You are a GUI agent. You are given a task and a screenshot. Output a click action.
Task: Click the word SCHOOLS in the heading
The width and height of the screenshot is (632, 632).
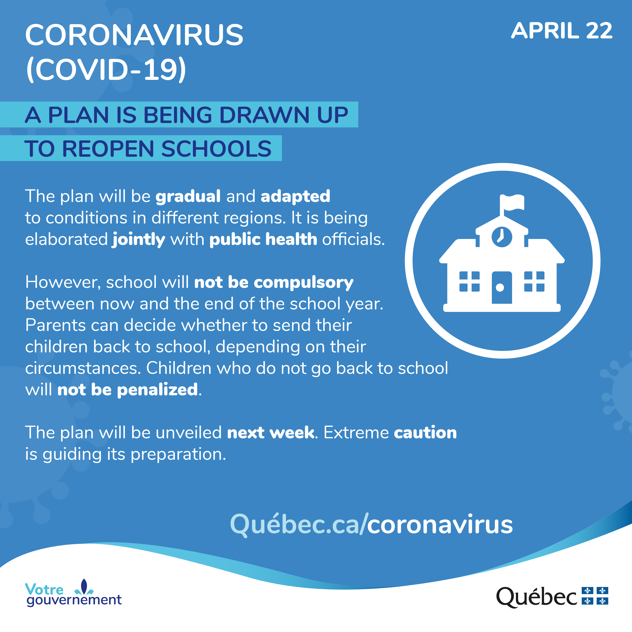pos(216,149)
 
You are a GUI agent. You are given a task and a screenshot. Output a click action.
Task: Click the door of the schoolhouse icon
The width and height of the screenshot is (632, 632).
pos(502,287)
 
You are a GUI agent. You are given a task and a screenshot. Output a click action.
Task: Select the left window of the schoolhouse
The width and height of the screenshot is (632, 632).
pos(469,281)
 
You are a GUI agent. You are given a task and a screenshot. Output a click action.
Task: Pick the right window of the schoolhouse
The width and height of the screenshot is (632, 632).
pos(534,281)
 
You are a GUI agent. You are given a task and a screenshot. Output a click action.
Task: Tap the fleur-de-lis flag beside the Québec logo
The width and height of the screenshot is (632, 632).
pos(595,596)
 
